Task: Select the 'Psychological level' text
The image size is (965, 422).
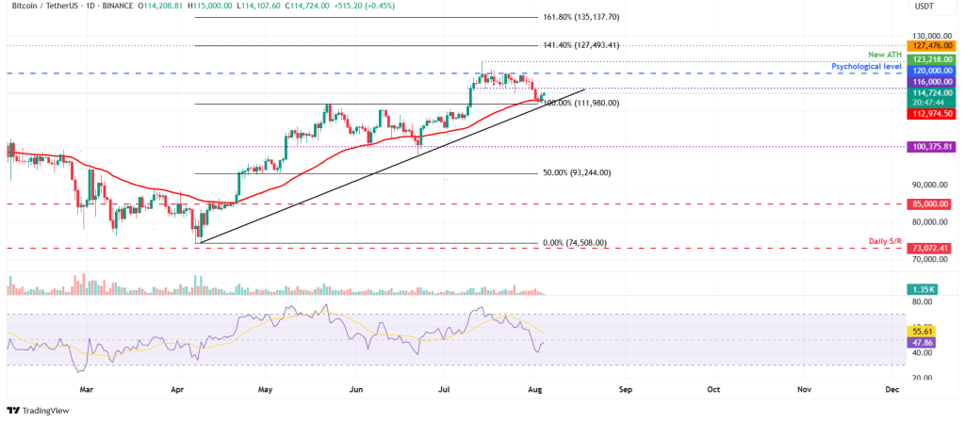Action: point(867,67)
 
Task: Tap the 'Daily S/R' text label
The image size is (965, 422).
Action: point(886,242)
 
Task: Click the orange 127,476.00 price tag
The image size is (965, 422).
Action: point(933,44)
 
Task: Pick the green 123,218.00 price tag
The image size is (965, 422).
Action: point(933,58)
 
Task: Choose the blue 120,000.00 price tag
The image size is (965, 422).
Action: point(933,70)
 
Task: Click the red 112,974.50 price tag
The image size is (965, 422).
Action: point(933,115)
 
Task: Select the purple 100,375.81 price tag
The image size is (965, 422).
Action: point(933,147)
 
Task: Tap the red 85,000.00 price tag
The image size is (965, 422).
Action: point(933,203)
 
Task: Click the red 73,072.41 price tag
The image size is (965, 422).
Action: point(933,247)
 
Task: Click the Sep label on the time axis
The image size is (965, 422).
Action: point(624,387)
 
